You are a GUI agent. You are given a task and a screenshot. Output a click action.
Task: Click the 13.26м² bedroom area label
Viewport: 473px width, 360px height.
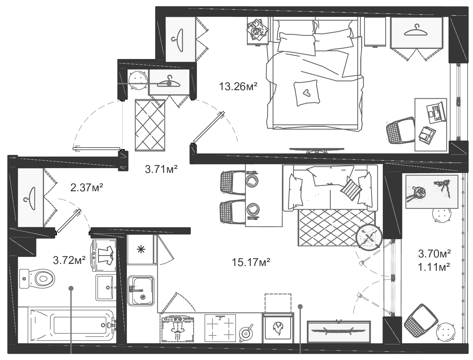tap(238, 87)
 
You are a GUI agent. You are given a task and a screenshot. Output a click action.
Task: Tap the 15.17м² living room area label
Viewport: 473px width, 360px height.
tap(251, 262)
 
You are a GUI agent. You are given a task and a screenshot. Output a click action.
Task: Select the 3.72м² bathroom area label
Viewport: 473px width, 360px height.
tap(69, 260)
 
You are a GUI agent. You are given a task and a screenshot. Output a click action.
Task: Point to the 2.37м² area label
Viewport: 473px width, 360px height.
tap(87, 187)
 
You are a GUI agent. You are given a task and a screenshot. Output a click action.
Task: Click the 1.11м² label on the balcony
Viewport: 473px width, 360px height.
tap(434, 267)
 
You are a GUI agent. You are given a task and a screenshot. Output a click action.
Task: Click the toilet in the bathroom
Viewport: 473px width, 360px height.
tap(38, 278)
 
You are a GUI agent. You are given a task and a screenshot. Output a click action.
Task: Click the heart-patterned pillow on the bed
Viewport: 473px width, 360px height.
tap(307, 93)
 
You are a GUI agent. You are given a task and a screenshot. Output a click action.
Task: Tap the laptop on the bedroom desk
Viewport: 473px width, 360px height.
tap(436, 113)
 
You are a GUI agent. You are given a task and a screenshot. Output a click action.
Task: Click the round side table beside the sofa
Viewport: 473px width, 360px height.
tap(369, 238)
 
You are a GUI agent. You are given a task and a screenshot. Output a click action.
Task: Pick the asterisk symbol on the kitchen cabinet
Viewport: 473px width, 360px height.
tap(140, 250)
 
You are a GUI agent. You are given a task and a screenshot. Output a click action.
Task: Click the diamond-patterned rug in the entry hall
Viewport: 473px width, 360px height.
tap(150, 125)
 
